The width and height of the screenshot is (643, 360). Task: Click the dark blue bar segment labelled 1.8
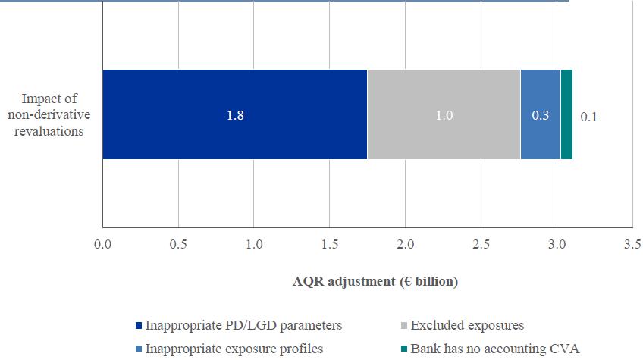234,114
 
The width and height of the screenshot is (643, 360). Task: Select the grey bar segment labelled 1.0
444,114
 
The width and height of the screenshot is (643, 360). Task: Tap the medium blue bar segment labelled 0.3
540,114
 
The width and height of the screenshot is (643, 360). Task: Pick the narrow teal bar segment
566,114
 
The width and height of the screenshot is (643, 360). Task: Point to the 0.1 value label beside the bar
589,117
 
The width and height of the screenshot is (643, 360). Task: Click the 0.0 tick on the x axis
102,245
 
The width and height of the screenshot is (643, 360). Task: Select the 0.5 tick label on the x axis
178,245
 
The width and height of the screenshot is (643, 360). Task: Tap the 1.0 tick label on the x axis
254,245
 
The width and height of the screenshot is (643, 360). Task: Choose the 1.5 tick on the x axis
330,245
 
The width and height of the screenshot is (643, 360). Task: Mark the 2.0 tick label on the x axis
405,245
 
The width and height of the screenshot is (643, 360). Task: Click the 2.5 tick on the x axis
481,245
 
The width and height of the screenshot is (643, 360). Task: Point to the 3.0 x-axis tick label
557,245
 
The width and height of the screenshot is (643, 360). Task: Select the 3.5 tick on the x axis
632,245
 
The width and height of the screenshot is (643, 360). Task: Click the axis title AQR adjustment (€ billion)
375,281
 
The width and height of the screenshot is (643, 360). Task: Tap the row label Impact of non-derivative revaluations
52,114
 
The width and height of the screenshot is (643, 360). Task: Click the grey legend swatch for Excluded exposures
404,326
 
